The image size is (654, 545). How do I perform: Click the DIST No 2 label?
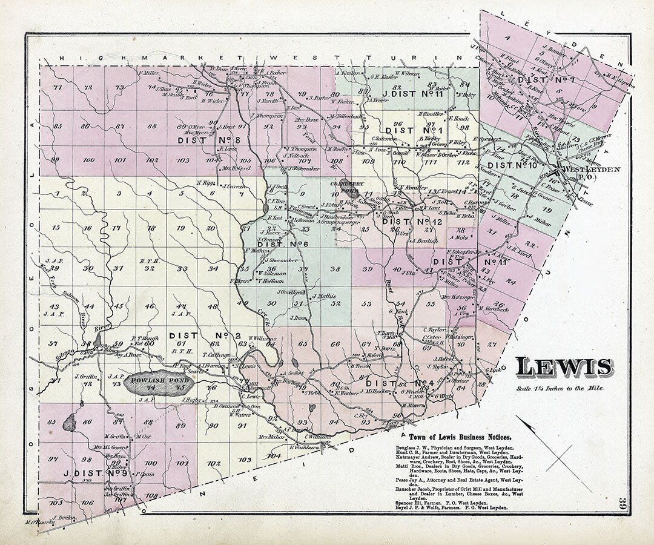tap(197, 335)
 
